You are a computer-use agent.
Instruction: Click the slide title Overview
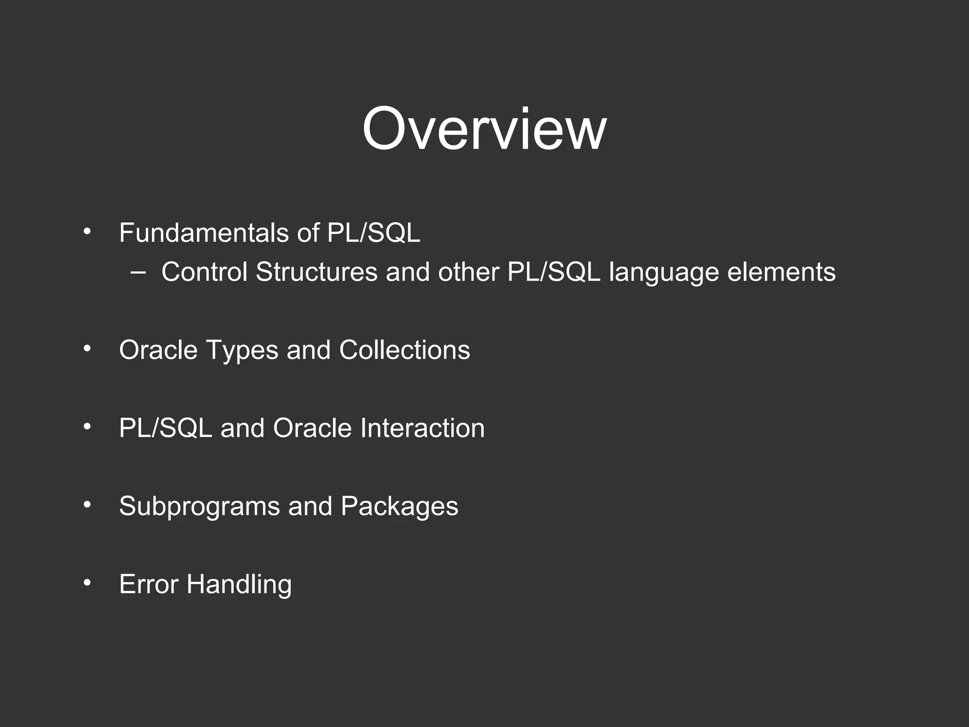click(x=484, y=129)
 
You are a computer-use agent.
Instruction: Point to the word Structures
click(x=317, y=272)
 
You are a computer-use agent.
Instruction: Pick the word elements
click(x=781, y=272)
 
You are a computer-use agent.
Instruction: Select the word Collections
click(x=405, y=350)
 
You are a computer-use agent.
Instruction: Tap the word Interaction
click(x=422, y=428)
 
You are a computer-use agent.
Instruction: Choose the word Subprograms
click(x=199, y=507)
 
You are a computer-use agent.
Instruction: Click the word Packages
click(x=399, y=507)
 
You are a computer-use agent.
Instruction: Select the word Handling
click(x=239, y=585)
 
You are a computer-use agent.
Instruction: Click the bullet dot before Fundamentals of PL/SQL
click(x=87, y=232)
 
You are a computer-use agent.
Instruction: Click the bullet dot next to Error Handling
click(x=87, y=583)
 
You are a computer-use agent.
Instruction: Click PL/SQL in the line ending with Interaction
click(x=165, y=428)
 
